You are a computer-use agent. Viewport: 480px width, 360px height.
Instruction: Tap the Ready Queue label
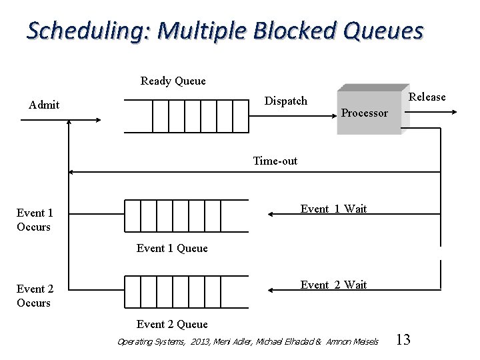coord(173,81)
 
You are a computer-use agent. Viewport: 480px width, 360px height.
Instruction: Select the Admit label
coord(44,105)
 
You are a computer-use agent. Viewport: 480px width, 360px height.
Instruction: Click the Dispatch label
coord(286,101)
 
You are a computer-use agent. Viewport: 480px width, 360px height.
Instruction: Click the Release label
coord(427,97)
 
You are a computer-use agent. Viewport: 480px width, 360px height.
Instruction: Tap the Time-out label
coord(275,161)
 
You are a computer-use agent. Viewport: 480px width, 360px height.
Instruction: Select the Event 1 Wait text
coord(333,209)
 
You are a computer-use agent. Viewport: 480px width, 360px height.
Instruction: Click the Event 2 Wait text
coord(333,285)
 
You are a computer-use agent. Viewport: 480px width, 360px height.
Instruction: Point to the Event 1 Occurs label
coord(34,220)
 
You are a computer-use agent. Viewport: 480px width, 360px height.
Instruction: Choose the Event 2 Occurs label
coord(34,296)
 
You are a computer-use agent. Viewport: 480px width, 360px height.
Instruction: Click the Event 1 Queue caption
coord(172,249)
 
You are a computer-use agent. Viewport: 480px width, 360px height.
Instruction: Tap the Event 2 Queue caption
coord(172,325)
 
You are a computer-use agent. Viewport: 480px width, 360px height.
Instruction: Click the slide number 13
coord(403,340)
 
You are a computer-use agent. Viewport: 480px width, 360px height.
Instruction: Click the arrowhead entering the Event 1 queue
coord(271,214)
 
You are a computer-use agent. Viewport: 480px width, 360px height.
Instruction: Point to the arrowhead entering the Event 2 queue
coord(271,290)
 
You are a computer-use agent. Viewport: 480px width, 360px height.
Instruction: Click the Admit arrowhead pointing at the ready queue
coord(97,121)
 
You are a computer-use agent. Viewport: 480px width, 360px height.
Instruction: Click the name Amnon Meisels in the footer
coord(352,342)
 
